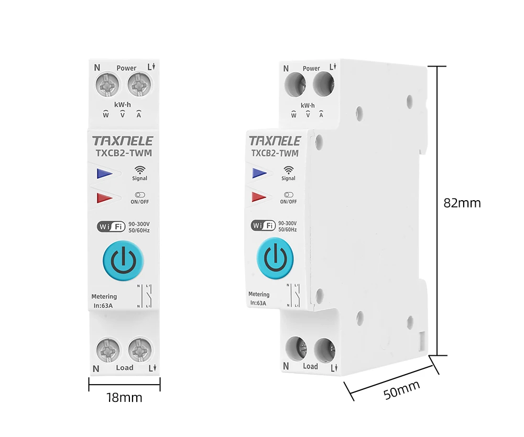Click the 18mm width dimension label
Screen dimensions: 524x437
(124, 398)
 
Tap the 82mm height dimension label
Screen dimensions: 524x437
(462, 203)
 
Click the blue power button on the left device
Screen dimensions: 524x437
(124, 260)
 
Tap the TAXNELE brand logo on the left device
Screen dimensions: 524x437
(123, 141)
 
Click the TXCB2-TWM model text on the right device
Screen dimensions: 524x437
(275, 154)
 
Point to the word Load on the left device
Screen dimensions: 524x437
(125, 368)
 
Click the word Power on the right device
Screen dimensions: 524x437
(311, 69)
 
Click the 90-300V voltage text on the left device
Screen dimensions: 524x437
(139, 224)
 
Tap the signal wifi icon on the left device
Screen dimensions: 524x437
(139, 170)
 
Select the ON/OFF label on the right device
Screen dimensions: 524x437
(288, 201)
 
